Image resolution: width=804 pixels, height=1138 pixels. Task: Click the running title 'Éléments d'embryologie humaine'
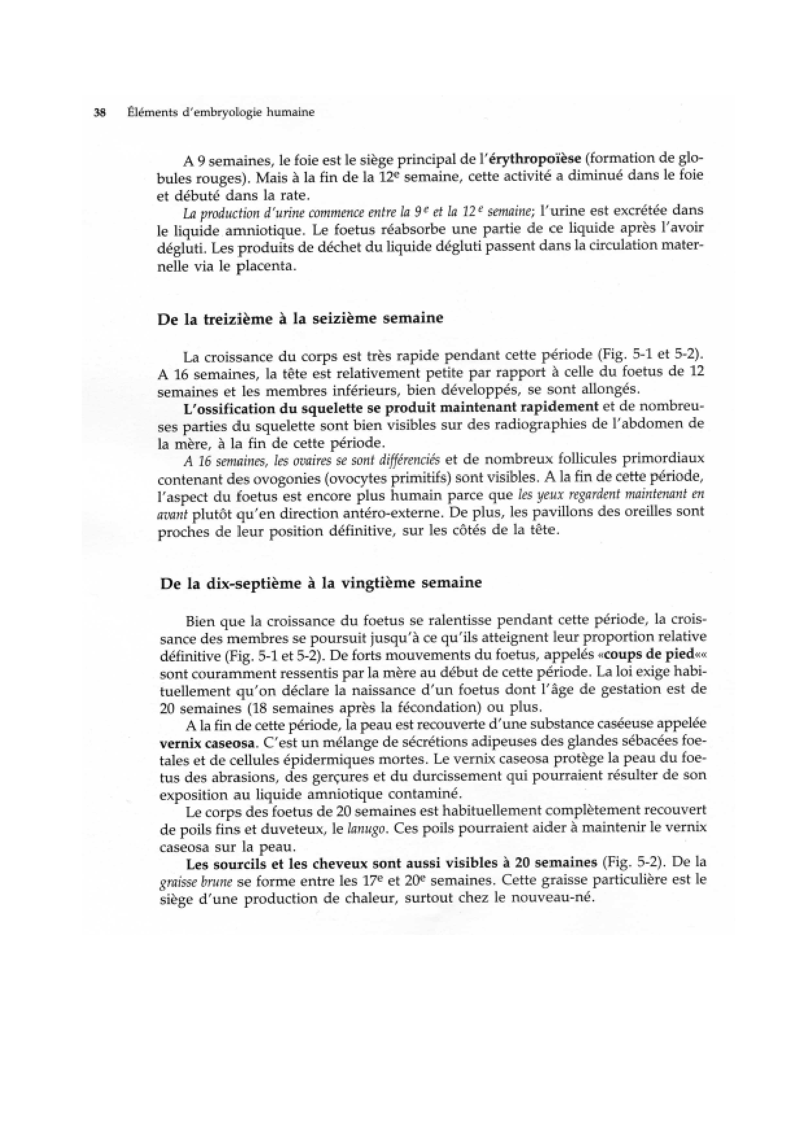pyautogui.click(x=221, y=112)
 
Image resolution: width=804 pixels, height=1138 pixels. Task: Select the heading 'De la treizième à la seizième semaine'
pyautogui.click(x=301, y=318)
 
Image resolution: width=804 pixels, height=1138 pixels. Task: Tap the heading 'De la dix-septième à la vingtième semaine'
pyautogui.click(x=321, y=583)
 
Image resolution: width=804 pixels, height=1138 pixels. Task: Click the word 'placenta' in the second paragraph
pyautogui.click(x=267, y=266)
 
